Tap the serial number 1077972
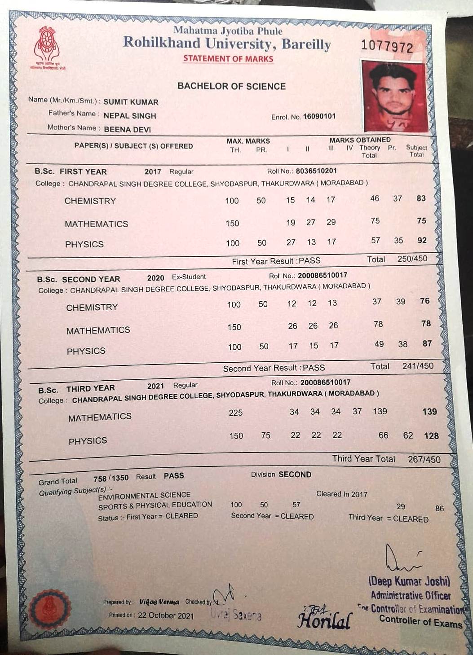point(387,46)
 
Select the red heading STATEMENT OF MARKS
point(228,59)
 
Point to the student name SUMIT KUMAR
point(131,102)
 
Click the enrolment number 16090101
point(319,116)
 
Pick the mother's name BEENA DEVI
point(127,129)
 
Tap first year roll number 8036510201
point(316,171)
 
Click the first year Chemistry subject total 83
point(421,198)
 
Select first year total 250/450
point(412,259)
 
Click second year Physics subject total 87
point(427,343)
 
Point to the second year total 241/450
point(418,366)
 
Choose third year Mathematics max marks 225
point(235,412)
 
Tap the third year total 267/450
point(424,459)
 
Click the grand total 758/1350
point(111,478)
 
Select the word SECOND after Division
point(295,475)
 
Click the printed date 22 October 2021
point(166,615)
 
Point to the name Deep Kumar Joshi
point(409,581)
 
